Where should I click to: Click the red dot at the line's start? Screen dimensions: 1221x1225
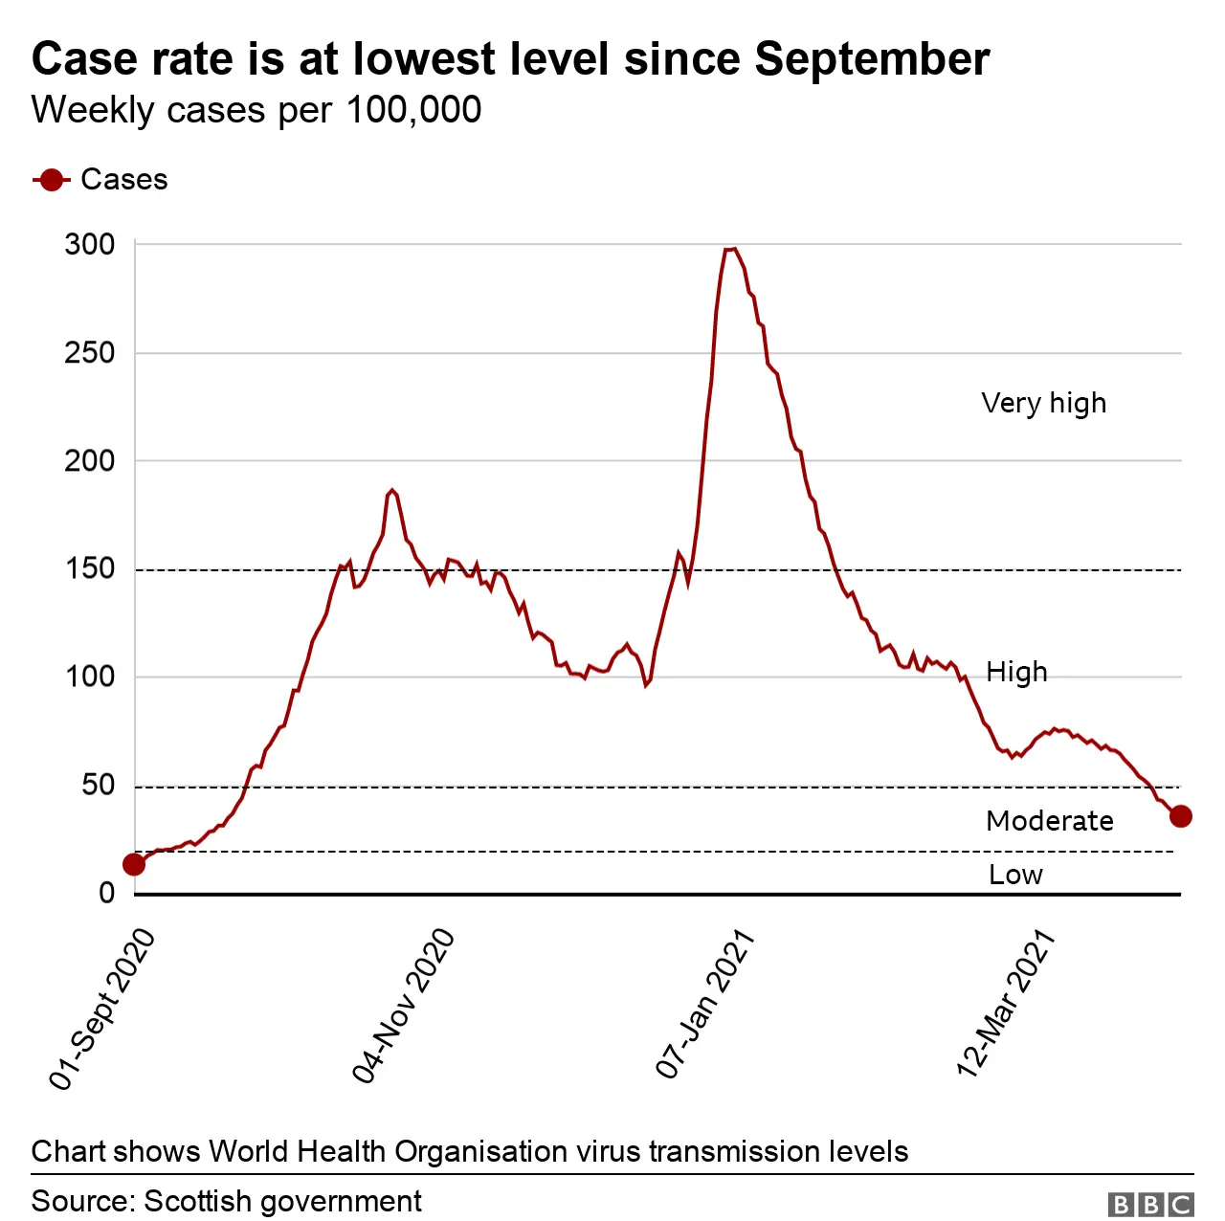[134, 865]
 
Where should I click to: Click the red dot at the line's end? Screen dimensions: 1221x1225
[1180, 816]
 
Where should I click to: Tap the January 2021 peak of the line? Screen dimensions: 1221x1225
[730, 250]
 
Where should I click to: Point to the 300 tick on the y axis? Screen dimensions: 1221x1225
[90, 245]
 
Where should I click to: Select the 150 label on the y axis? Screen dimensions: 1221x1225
[90, 569]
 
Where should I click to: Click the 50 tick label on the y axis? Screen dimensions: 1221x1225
[98, 786]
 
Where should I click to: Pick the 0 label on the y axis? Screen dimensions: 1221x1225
[106, 894]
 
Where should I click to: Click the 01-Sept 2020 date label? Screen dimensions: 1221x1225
[102, 1010]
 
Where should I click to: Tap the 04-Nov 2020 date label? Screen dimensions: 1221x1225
[403, 1006]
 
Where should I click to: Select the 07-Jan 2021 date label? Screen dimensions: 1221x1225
[705, 1005]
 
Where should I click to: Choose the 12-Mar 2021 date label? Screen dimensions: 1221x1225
[1006, 1004]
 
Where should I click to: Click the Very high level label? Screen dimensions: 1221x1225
[1043, 403]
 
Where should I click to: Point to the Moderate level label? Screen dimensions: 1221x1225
[1049, 821]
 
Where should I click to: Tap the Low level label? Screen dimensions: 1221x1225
[1015, 875]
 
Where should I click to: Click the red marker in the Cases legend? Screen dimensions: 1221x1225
[51, 180]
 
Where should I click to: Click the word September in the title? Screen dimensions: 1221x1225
[872, 59]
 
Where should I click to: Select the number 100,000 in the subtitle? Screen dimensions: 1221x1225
[413, 110]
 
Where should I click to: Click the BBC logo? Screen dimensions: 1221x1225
[1150, 1204]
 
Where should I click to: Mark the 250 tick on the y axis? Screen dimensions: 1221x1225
[90, 353]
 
